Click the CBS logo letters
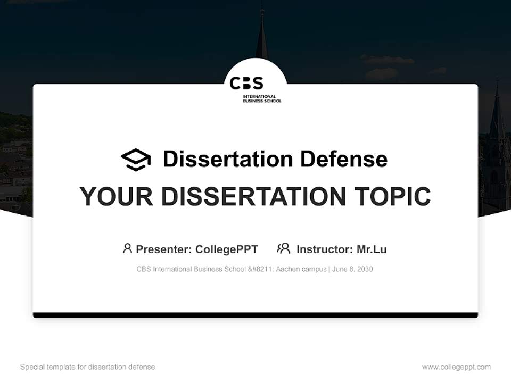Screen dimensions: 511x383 coord(246,83)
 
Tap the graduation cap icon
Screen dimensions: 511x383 coord(136,160)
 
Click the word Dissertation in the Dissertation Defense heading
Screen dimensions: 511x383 coord(228,159)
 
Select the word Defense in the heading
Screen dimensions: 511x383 coord(344,159)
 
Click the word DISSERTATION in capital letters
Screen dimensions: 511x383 coord(253,196)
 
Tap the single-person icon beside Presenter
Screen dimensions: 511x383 coord(127,248)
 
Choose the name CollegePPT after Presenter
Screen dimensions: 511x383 coord(227,249)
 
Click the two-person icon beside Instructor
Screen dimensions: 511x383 coord(284,248)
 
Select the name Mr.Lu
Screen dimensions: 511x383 coord(372,249)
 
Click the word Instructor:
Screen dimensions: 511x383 coord(325,249)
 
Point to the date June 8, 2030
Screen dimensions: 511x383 coord(352,269)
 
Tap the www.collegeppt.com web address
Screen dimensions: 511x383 coord(456,367)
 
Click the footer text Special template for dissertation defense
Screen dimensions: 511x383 coord(88,367)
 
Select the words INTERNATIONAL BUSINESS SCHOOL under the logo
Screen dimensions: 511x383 coord(262,99)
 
